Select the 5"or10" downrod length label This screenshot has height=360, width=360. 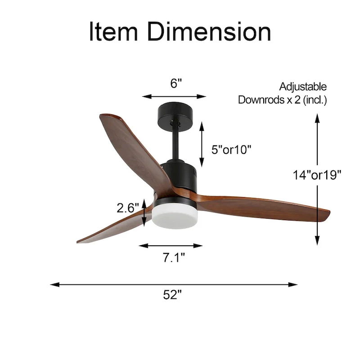[231, 150]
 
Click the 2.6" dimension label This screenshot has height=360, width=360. [127, 208]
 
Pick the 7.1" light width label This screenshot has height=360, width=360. [174, 258]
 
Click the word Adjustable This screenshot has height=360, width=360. [303, 87]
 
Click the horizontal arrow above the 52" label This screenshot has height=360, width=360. [174, 284]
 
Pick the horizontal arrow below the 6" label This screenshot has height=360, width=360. [174, 96]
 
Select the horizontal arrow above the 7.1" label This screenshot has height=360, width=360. [171, 246]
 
